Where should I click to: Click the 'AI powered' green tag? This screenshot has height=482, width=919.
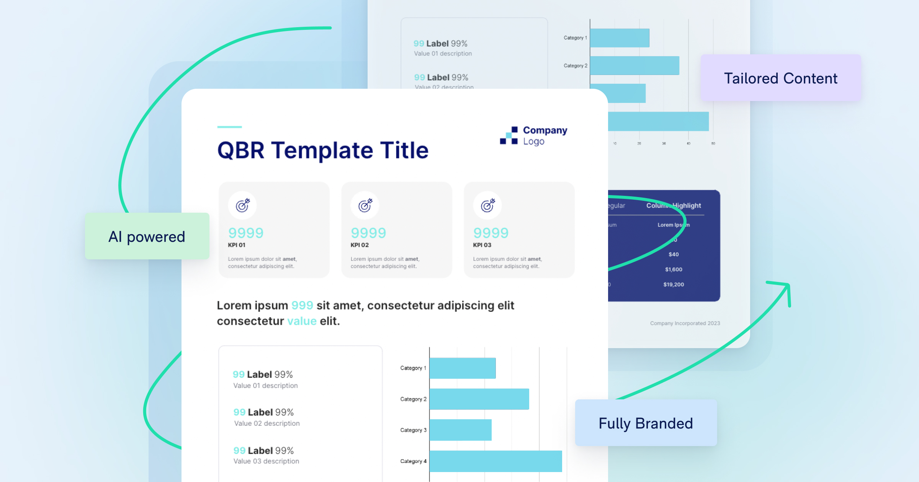click(147, 236)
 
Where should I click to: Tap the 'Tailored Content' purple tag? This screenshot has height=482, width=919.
click(780, 78)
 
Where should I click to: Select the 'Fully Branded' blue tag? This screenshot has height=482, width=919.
click(646, 423)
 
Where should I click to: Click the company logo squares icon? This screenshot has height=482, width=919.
click(509, 135)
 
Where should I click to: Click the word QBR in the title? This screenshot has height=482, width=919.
click(241, 150)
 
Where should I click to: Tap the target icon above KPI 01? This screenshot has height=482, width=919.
click(242, 205)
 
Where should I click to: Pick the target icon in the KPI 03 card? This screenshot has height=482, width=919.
click(487, 205)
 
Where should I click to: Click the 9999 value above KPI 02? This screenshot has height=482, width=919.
click(368, 233)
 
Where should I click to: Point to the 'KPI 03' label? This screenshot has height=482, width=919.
click(482, 245)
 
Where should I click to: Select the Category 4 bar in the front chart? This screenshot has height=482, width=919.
click(495, 461)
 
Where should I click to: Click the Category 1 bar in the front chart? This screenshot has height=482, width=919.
click(463, 368)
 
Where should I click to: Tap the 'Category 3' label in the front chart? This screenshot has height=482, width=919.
click(413, 430)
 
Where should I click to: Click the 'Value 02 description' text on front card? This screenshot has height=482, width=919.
click(267, 423)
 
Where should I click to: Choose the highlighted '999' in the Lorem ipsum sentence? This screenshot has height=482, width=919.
click(302, 305)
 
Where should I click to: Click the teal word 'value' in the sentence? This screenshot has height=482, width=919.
click(302, 321)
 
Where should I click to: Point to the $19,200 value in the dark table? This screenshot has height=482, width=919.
click(674, 284)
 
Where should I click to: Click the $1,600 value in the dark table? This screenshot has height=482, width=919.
click(674, 269)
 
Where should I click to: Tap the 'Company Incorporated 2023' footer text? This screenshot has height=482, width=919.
click(685, 323)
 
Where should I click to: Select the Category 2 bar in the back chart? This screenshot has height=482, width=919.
click(634, 65)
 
